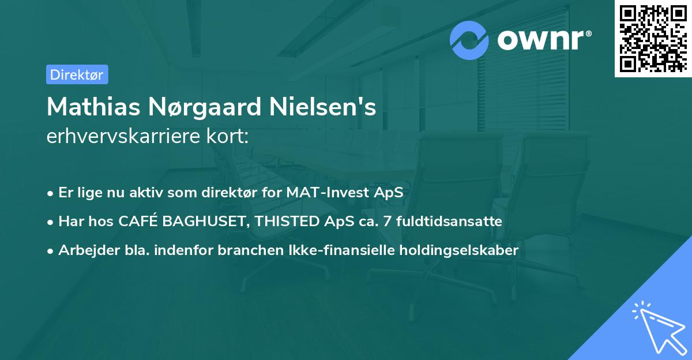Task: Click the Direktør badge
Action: click(x=77, y=74)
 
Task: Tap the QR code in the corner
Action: click(x=653, y=38)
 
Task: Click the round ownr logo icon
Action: click(x=469, y=40)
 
